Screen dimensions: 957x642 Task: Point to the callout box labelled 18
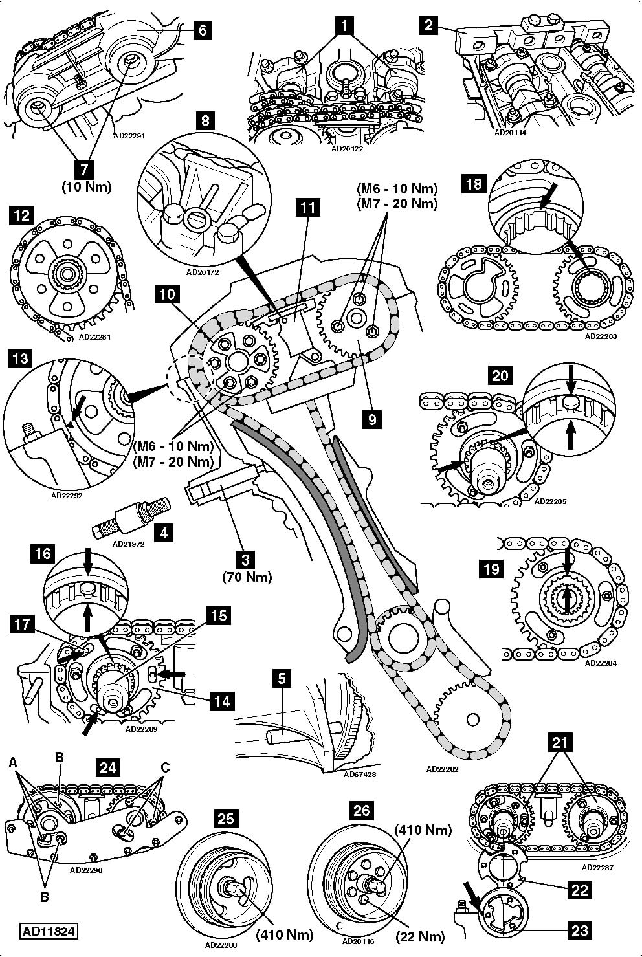pos(474,184)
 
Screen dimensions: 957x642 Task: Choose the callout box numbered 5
pos(282,679)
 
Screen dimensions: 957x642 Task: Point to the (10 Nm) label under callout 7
pos(86,187)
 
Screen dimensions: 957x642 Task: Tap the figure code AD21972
pos(127,544)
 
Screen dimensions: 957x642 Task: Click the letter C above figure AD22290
pos(165,768)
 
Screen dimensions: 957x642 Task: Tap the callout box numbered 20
pos(500,375)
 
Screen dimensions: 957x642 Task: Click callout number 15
pos(219,615)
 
